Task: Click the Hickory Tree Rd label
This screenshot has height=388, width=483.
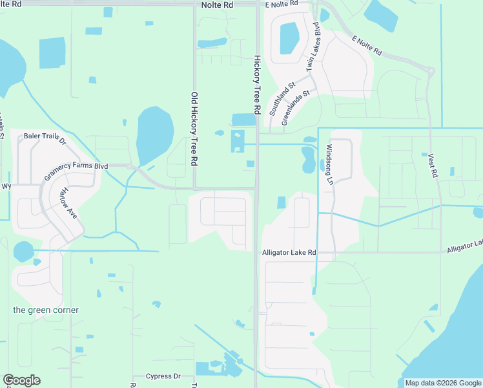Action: (x=256, y=85)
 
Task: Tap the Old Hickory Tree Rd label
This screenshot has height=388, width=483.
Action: (x=194, y=129)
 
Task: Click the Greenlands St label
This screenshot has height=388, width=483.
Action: (x=296, y=102)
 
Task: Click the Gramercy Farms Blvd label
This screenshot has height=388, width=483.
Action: (x=76, y=170)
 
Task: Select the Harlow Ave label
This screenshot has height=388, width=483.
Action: (x=68, y=202)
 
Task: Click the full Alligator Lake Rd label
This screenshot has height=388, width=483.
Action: (x=289, y=252)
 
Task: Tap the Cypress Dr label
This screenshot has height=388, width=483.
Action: (x=163, y=376)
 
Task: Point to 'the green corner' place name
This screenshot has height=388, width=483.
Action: (x=46, y=310)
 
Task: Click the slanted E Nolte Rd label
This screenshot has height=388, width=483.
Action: (x=367, y=45)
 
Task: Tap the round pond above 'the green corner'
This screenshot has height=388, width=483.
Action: (x=23, y=251)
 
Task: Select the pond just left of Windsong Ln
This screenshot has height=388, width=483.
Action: (x=309, y=159)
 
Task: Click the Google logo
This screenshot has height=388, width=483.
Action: (x=21, y=380)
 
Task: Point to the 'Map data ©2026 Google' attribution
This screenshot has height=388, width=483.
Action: (x=442, y=383)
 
